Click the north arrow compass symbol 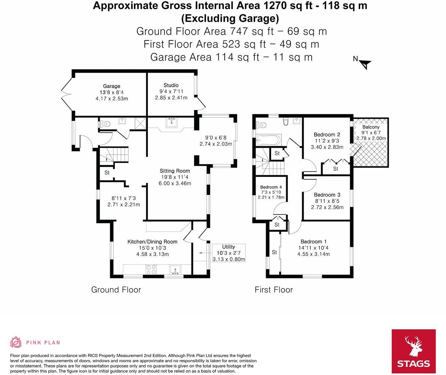364,64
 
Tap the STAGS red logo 413,351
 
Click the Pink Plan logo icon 16,342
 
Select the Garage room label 112,86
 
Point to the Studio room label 171,85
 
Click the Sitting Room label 175,171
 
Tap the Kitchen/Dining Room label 152,242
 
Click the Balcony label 370,127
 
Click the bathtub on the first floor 268,140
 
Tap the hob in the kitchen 151,270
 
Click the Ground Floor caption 116,290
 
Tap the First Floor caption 274,290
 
